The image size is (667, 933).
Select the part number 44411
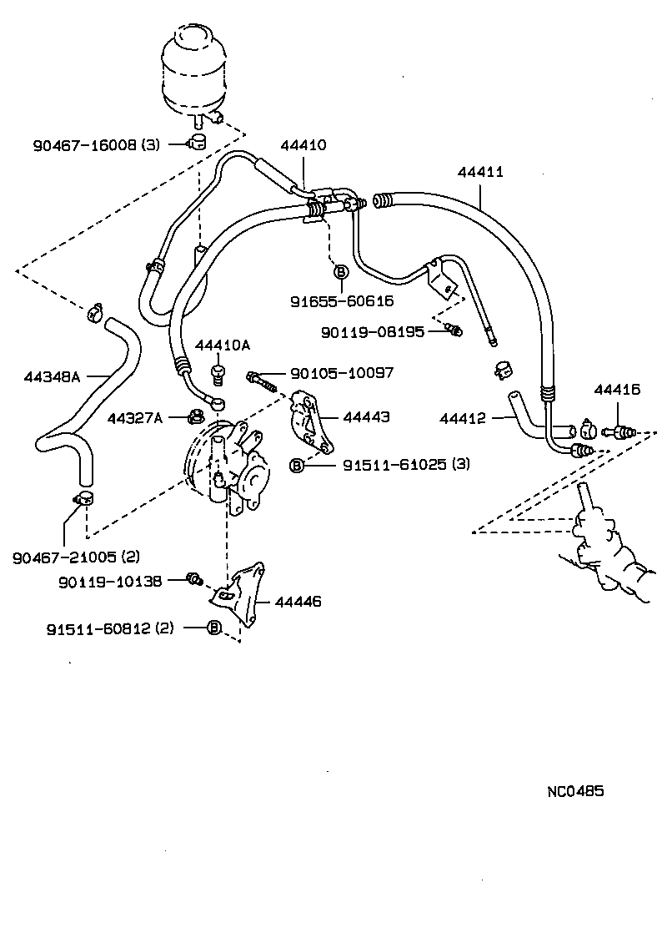(480, 173)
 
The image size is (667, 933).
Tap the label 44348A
(52, 377)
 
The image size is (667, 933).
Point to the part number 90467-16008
(84, 144)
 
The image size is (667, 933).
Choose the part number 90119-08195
(373, 332)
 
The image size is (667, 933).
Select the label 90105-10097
(341, 373)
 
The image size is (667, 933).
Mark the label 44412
(463, 418)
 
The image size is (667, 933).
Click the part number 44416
(617, 389)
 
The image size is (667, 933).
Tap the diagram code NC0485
(575, 790)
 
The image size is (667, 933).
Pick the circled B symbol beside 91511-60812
(213, 628)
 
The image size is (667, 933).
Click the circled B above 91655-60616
(340, 272)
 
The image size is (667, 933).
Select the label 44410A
(223, 345)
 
